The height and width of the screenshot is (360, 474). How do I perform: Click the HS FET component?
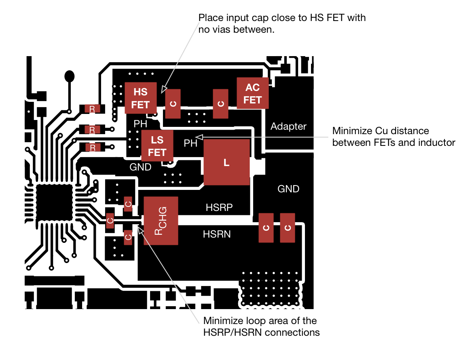click(x=140, y=98)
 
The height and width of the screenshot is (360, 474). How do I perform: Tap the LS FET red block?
click(x=157, y=146)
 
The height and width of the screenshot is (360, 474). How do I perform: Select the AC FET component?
click(x=252, y=93)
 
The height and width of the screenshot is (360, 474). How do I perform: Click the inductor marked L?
click(x=226, y=162)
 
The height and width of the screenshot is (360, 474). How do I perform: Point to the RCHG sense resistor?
click(x=161, y=221)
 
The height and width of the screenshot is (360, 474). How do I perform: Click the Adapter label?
click(x=288, y=126)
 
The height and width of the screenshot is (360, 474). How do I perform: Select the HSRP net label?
click(x=219, y=208)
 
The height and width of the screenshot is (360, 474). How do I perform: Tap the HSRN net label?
click(x=217, y=234)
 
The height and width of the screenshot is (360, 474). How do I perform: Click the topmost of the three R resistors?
click(x=92, y=109)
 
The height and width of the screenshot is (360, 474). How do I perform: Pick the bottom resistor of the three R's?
click(x=92, y=147)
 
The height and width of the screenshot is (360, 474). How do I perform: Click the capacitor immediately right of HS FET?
click(x=173, y=104)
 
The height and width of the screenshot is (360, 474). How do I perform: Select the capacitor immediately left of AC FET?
click(x=220, y=104)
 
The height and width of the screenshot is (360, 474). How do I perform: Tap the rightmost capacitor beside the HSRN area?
click(x=288, y=228)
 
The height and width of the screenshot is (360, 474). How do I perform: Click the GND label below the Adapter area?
click(x=288, y=189)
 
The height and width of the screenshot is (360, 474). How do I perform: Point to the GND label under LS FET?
click(x=140, y=167)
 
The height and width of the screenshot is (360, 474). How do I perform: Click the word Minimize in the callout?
click(x=223, y=321)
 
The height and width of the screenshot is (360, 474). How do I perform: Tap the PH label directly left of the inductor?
click(x=190, y=143)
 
